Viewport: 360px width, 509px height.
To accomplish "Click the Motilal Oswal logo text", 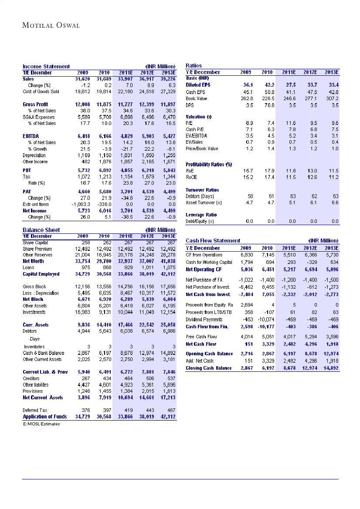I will click(51, 25).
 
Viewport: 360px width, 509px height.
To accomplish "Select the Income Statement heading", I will click(46, 67).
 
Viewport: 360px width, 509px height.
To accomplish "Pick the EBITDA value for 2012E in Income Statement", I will click(146, 136).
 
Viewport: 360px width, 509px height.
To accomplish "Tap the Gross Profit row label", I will click(35, 104).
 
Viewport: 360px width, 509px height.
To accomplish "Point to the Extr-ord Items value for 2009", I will click(80, 204).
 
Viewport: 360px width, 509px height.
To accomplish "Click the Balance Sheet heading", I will click(41, 230).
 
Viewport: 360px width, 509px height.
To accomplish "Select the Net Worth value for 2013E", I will click(167, 261).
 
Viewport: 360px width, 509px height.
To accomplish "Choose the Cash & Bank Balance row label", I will click(44, 353).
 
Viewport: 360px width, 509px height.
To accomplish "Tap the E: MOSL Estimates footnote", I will click(41, 424).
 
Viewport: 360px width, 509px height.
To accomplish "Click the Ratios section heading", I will click(194, 66).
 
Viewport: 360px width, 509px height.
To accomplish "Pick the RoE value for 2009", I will click(248, 171).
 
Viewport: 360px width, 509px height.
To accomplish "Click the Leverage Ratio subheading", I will click(201, 215).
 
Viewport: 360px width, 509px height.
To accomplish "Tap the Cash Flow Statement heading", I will click(213, 240).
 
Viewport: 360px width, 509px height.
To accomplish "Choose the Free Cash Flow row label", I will click(201, 337).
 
